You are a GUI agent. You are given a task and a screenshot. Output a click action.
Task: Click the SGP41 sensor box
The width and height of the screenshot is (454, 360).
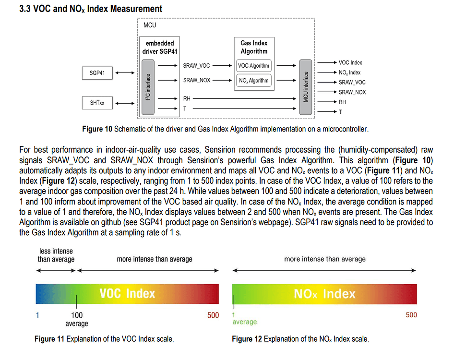pyautogui.click(x=97, y=73)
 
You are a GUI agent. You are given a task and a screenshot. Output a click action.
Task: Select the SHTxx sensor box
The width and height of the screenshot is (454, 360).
pyautogui.click(x=97, y=103)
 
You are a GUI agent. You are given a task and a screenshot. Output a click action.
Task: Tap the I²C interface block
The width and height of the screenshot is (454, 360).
pyautogui.click(x=148, y=86)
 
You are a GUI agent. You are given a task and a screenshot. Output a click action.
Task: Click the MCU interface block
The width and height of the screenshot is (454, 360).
pyautogui.click(x=306, y=86)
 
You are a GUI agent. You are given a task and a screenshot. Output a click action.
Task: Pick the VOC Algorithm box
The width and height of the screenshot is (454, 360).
pyautogui.click(x=254, y=66)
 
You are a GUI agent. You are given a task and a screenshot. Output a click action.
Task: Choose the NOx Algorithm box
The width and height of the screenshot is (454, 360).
pyautogui.click(x=254, y=81)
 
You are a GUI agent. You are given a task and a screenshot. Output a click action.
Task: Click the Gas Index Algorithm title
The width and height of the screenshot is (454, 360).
pyautogui.click(x=254, y=47)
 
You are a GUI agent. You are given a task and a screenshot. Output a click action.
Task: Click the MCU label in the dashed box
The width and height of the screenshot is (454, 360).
pyautogui.click(x=150, y=25)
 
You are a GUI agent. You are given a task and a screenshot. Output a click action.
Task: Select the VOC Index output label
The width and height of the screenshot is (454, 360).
pyautogui.click(x=350, y=62)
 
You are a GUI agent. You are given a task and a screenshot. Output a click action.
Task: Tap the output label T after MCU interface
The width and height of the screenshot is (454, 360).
pyautogui.click(x=340, y=112)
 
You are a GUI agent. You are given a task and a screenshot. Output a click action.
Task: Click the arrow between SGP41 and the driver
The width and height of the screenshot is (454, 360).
pyautogui.click(x=125, y=73)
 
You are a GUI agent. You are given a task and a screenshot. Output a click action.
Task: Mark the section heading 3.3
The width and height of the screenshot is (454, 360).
pyautogui.click(x=90, y=9)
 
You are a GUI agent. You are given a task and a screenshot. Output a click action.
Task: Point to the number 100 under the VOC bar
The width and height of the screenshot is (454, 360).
pyautogui.click(x=77, y=315)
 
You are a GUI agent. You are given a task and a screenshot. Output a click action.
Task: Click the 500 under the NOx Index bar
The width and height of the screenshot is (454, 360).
pyautogui.click(x=411, y=315)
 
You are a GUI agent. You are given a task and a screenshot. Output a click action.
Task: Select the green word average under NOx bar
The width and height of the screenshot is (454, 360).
pyautogui.click(x=245, y=322)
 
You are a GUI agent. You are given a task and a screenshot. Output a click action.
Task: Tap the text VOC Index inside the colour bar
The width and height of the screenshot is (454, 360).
pyautogui.click(x=127, y=293)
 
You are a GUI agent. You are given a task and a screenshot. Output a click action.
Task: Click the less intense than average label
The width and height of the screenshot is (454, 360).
pyautogui.click(x=56, y=255)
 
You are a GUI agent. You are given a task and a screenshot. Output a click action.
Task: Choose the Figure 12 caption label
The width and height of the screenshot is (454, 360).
pyautogui.click(x=247, y=339)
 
